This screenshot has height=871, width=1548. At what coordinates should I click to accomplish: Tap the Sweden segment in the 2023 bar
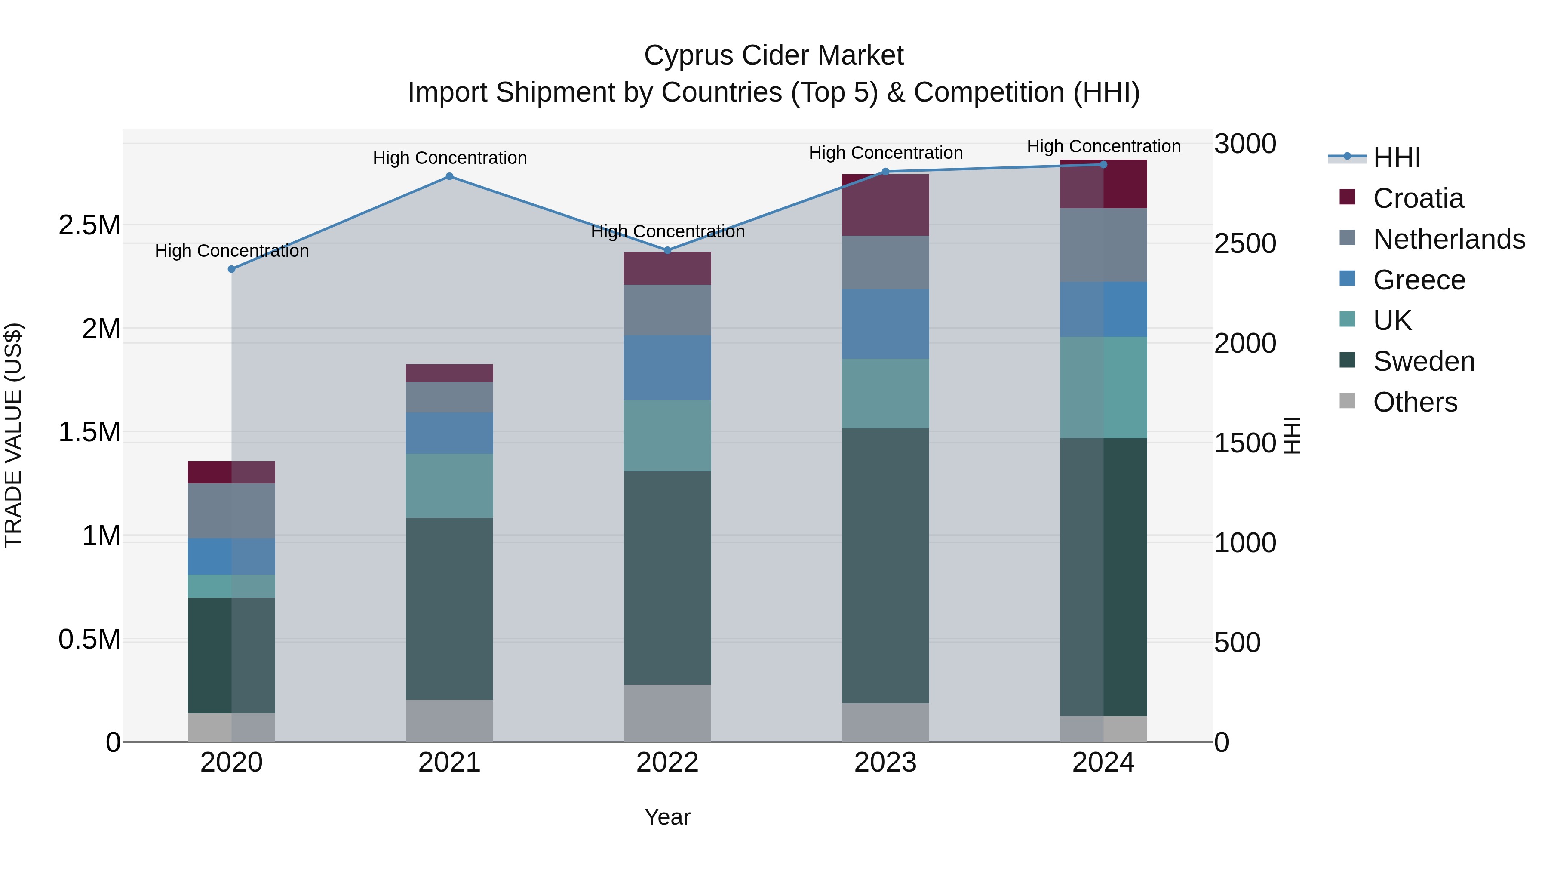pos(885,565)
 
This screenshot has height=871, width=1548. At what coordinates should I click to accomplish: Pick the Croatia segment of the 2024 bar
pos(1103,185)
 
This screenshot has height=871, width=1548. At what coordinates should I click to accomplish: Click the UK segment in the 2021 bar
pos(449,486)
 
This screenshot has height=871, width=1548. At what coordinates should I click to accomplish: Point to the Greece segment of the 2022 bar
pos(668,368)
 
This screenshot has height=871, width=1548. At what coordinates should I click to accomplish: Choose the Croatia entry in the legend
pos(1418,198)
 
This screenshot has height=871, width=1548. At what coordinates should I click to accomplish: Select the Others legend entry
pos(1415,402)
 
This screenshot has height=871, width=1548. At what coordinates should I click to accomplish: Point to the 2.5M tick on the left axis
pos(89,225)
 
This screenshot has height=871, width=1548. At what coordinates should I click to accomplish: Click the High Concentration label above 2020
pos(232,251)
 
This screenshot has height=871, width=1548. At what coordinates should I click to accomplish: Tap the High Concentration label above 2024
pos(1104,146)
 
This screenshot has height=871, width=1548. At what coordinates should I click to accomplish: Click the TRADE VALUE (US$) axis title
pos(13,435)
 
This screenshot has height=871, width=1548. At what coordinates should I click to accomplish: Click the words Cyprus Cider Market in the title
pos(774,55)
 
